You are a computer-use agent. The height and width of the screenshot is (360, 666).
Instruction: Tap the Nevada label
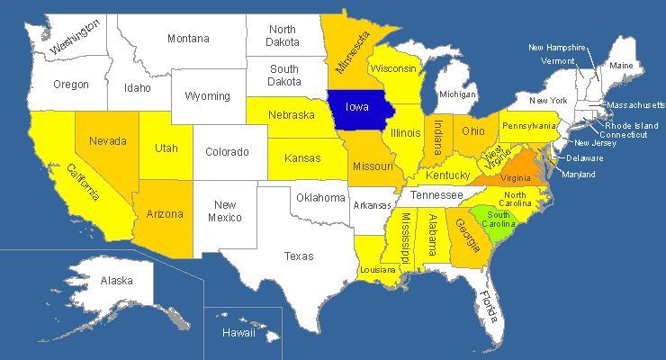[x=107, y=141]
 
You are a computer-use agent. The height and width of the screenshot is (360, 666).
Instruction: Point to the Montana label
[x=188, y=39]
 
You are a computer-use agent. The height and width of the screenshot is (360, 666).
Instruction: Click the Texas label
[x=299, y=256]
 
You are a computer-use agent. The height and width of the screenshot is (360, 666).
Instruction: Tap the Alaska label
[x=116, y=281]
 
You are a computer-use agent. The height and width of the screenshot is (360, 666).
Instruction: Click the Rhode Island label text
[x=630, y=125]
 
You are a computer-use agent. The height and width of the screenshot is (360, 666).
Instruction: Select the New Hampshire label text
[x=557, y=48]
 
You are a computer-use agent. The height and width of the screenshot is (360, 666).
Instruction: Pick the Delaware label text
[x=584, y=158]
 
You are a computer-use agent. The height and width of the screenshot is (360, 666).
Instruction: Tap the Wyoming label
[x=208, y=96]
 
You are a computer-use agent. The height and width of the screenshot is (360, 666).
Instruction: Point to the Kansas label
[x=302, y=159]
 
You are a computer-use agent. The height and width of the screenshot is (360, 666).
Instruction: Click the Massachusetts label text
[x=635, y=105]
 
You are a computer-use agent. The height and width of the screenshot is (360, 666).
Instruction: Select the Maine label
[x=621, y=66]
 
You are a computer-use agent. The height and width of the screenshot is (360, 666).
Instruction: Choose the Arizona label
[x=166, y=214]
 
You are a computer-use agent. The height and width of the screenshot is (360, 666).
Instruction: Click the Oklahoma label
[x=321, y=197]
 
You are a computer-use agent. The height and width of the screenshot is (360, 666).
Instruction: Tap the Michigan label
[x=458, y=94]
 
